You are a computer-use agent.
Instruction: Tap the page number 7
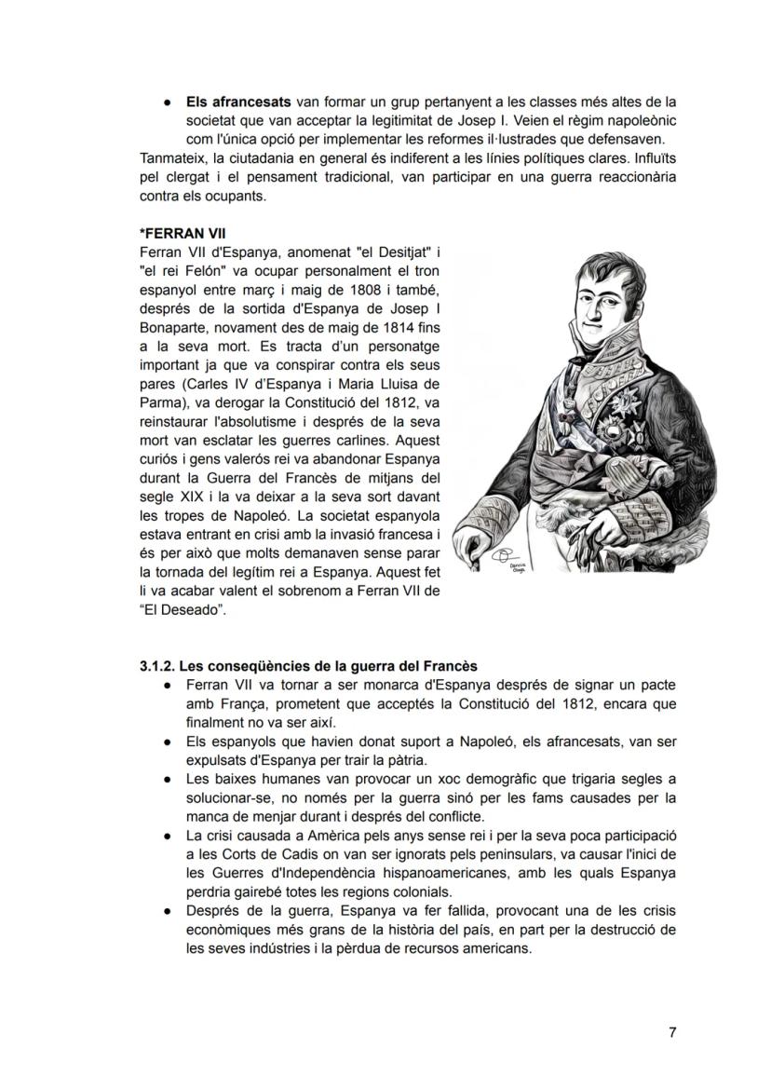tap(672, 1032)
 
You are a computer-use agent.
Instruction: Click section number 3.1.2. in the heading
tap(157, 666)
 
